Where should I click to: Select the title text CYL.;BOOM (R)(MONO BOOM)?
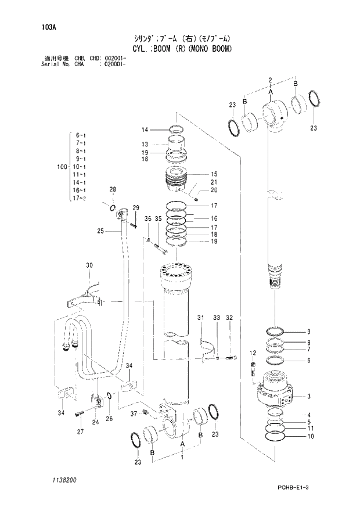click(181, 49)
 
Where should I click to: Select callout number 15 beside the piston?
click(214, 174)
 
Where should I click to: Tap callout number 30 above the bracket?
click(89, 265)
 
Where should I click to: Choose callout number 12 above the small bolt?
click(253, 353)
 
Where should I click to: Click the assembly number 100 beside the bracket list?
click(62, 167)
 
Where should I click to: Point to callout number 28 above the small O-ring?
click(113, 189)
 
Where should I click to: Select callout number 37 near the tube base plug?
click(133, 413)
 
